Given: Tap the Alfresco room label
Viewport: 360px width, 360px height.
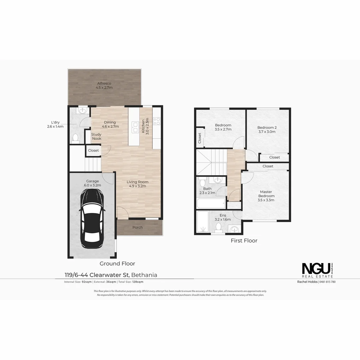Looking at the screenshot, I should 104,83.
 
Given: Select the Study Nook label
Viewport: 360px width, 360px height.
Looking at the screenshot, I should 96,136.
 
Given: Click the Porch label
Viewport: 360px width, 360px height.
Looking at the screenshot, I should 137,227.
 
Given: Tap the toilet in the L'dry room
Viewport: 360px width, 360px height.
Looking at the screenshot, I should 75,137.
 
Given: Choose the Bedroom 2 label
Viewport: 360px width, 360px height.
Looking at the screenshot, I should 267,127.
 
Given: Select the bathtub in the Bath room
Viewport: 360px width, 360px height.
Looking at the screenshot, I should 211,203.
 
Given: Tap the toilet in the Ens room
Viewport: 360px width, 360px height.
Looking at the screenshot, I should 219,227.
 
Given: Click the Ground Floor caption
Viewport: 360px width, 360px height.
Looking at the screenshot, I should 117,264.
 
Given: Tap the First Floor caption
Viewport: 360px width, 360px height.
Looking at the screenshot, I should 244,240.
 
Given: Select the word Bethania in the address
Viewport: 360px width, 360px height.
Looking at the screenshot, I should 144,275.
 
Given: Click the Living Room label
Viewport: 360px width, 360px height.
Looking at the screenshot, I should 137,182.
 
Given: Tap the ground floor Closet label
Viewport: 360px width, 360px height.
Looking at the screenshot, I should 93,150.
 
